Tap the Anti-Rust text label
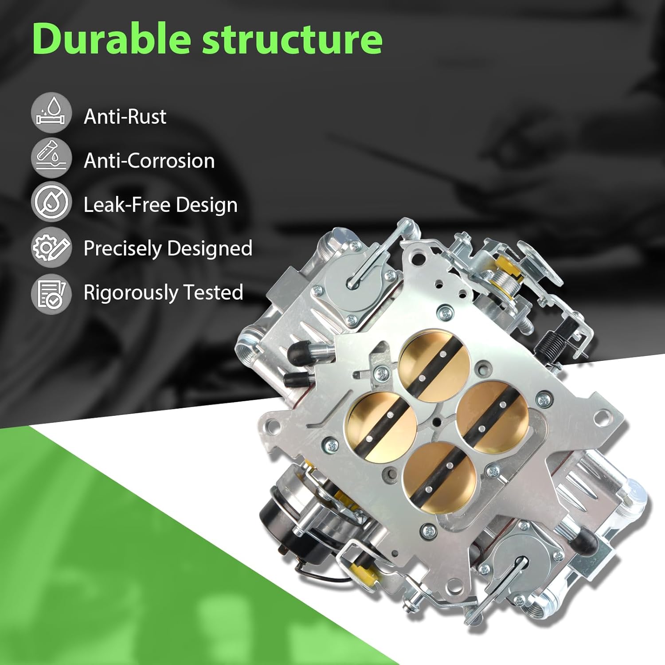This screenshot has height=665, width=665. pyautogui.click(x=125, y=117)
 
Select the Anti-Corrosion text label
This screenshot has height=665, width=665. pyautogui.click(x=149, y=160)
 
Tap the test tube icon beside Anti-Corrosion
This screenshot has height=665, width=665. pyautogui.click(x=51, y=158)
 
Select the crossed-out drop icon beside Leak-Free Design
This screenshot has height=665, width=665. pyautogui.click(x=51, y=202)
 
